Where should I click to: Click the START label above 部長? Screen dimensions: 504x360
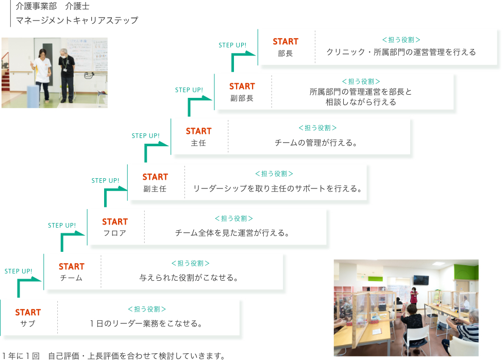pos(285,41)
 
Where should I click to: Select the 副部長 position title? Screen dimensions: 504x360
pos(242,98)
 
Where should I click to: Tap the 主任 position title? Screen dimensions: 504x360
pos(198,143)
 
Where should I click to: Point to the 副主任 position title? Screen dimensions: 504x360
pos(155,189)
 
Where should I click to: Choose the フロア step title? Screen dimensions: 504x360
pos(115,233)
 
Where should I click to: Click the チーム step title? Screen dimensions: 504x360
pos(71,278)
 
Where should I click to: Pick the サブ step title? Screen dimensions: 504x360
pos(28,324)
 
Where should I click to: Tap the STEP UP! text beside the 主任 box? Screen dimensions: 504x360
pos(146,136)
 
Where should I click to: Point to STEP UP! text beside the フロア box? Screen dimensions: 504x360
pos(62,226)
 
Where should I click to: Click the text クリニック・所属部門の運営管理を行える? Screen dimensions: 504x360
pos(401,52)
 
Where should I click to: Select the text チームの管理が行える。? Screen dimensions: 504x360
pos(316,143)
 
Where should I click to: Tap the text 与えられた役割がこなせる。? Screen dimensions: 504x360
pos(189,278)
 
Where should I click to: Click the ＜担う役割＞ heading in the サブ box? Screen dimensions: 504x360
pos(146,309)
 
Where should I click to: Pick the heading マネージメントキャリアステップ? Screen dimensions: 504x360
pos(77,20)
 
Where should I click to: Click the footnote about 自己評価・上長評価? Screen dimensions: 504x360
pos(113,356)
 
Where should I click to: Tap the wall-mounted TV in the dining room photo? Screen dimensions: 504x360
pos(421,280)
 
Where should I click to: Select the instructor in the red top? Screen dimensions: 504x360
pos(413,296)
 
